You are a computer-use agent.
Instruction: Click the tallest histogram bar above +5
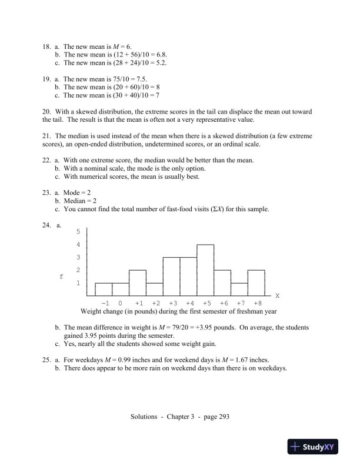[x=205, y=269]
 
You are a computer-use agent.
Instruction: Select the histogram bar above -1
[x=104, y=289]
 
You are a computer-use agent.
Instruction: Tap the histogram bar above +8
[x=256, y=282]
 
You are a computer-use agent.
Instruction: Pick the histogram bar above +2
[x=155, y=289]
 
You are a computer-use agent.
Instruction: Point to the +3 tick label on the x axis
[x=172, y=303]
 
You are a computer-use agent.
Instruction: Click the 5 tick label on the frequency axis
[x=78, y=231]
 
